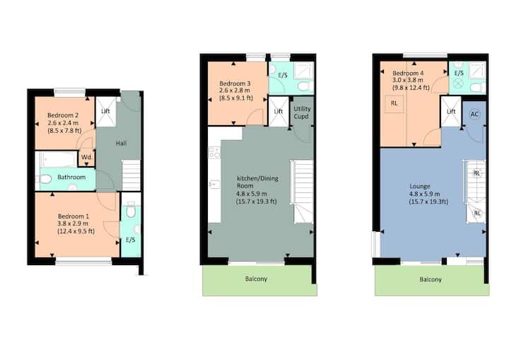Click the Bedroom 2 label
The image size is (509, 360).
click(x=63, y=115)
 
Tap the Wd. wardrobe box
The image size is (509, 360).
click(x=87, y=158)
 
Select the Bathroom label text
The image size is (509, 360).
click(x=71, y=177)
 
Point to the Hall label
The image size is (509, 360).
click(x=121, y=144)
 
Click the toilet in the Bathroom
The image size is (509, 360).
click(x=45, y=179)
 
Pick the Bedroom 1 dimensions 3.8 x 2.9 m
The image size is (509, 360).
click(x=73, y=223)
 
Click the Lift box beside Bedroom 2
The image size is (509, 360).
click(x=106, y=112)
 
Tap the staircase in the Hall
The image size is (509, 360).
click(x=131, y=175)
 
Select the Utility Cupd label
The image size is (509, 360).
click(x=302, y=112)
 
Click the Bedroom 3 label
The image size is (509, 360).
click(x=235, y=83)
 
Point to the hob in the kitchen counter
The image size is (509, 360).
click(x=214, y=153)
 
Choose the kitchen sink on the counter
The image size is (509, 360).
click(x=214, y=185)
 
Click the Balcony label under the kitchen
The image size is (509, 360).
click(x=256, y=279)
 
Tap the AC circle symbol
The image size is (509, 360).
click(x=474, y=115)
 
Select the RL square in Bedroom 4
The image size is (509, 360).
click(x=394, y=104)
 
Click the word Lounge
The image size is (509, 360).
click(x=420, y=187)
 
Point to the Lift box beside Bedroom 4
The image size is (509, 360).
click(x=451, y=112)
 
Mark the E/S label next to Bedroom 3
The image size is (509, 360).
click(x=283, y=76)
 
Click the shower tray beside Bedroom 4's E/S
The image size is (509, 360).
click(x=477, y=71)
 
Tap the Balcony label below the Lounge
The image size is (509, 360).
click(x=431, y=279)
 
